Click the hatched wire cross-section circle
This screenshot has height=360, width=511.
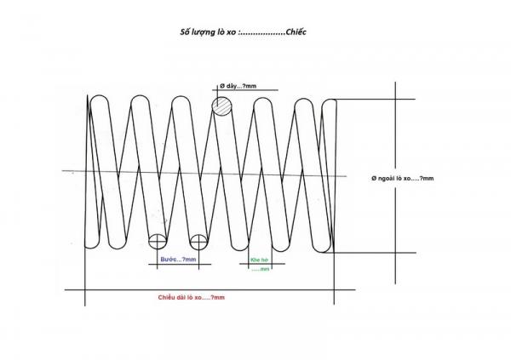[x=222, y=106]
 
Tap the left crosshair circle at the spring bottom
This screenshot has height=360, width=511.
[x=158, y=242]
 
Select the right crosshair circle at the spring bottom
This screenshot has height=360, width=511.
[x=198, y=242]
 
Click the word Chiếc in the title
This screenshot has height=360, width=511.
[x=296, y=32]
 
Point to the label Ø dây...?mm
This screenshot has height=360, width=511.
[x=238, y=86]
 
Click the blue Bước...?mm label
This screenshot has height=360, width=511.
[x=178, y=260]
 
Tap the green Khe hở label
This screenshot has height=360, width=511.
[x=260, y=260]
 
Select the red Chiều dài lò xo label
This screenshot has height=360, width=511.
[x=192, y=298]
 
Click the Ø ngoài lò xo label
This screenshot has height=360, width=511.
[x=403, y=178]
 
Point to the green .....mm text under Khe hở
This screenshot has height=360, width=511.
[x=261, y=270]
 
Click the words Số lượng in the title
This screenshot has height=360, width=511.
[x=194, y=32]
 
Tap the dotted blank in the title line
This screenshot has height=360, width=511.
[x=262, y=33]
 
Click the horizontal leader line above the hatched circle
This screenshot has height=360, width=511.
[x=245, y=90]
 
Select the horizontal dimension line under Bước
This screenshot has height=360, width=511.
[x=180, y=264]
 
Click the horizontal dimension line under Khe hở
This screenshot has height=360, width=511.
[x=262, y=264]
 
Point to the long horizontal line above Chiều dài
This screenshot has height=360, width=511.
[x=210, y=289]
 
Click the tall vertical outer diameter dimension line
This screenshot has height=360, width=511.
[x=396, y=183]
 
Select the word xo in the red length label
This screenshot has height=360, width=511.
[x=198, y=298]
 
